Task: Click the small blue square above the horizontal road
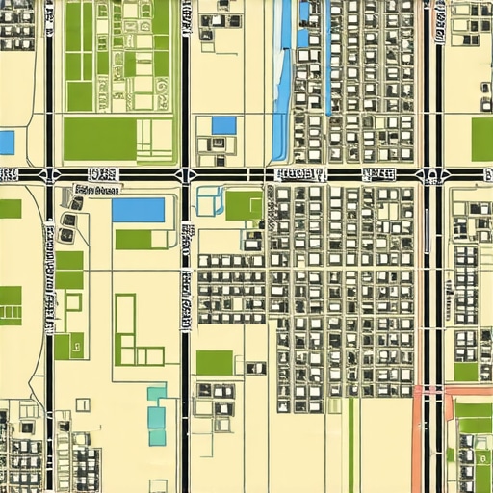(x=223, y=124)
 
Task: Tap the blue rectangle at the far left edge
(x=6, y=143)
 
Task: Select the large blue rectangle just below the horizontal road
(x=138, y=209)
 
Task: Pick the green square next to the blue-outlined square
(x=244, y=204)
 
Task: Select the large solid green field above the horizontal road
(x=99, y=139)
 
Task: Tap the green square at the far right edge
(x=482, y=138)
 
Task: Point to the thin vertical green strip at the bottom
(x=351, y=443)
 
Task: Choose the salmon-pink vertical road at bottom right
(x=417, y=443)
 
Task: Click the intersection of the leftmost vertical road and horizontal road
(x=48, y=174)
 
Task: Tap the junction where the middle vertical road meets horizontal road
(x=185, y=174)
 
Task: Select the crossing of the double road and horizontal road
(x=433, y=174)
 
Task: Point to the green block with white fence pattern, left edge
(x=11, y=305)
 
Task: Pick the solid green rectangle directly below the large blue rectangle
(x=133, y=239)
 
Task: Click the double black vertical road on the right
(x=433, y=289)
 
